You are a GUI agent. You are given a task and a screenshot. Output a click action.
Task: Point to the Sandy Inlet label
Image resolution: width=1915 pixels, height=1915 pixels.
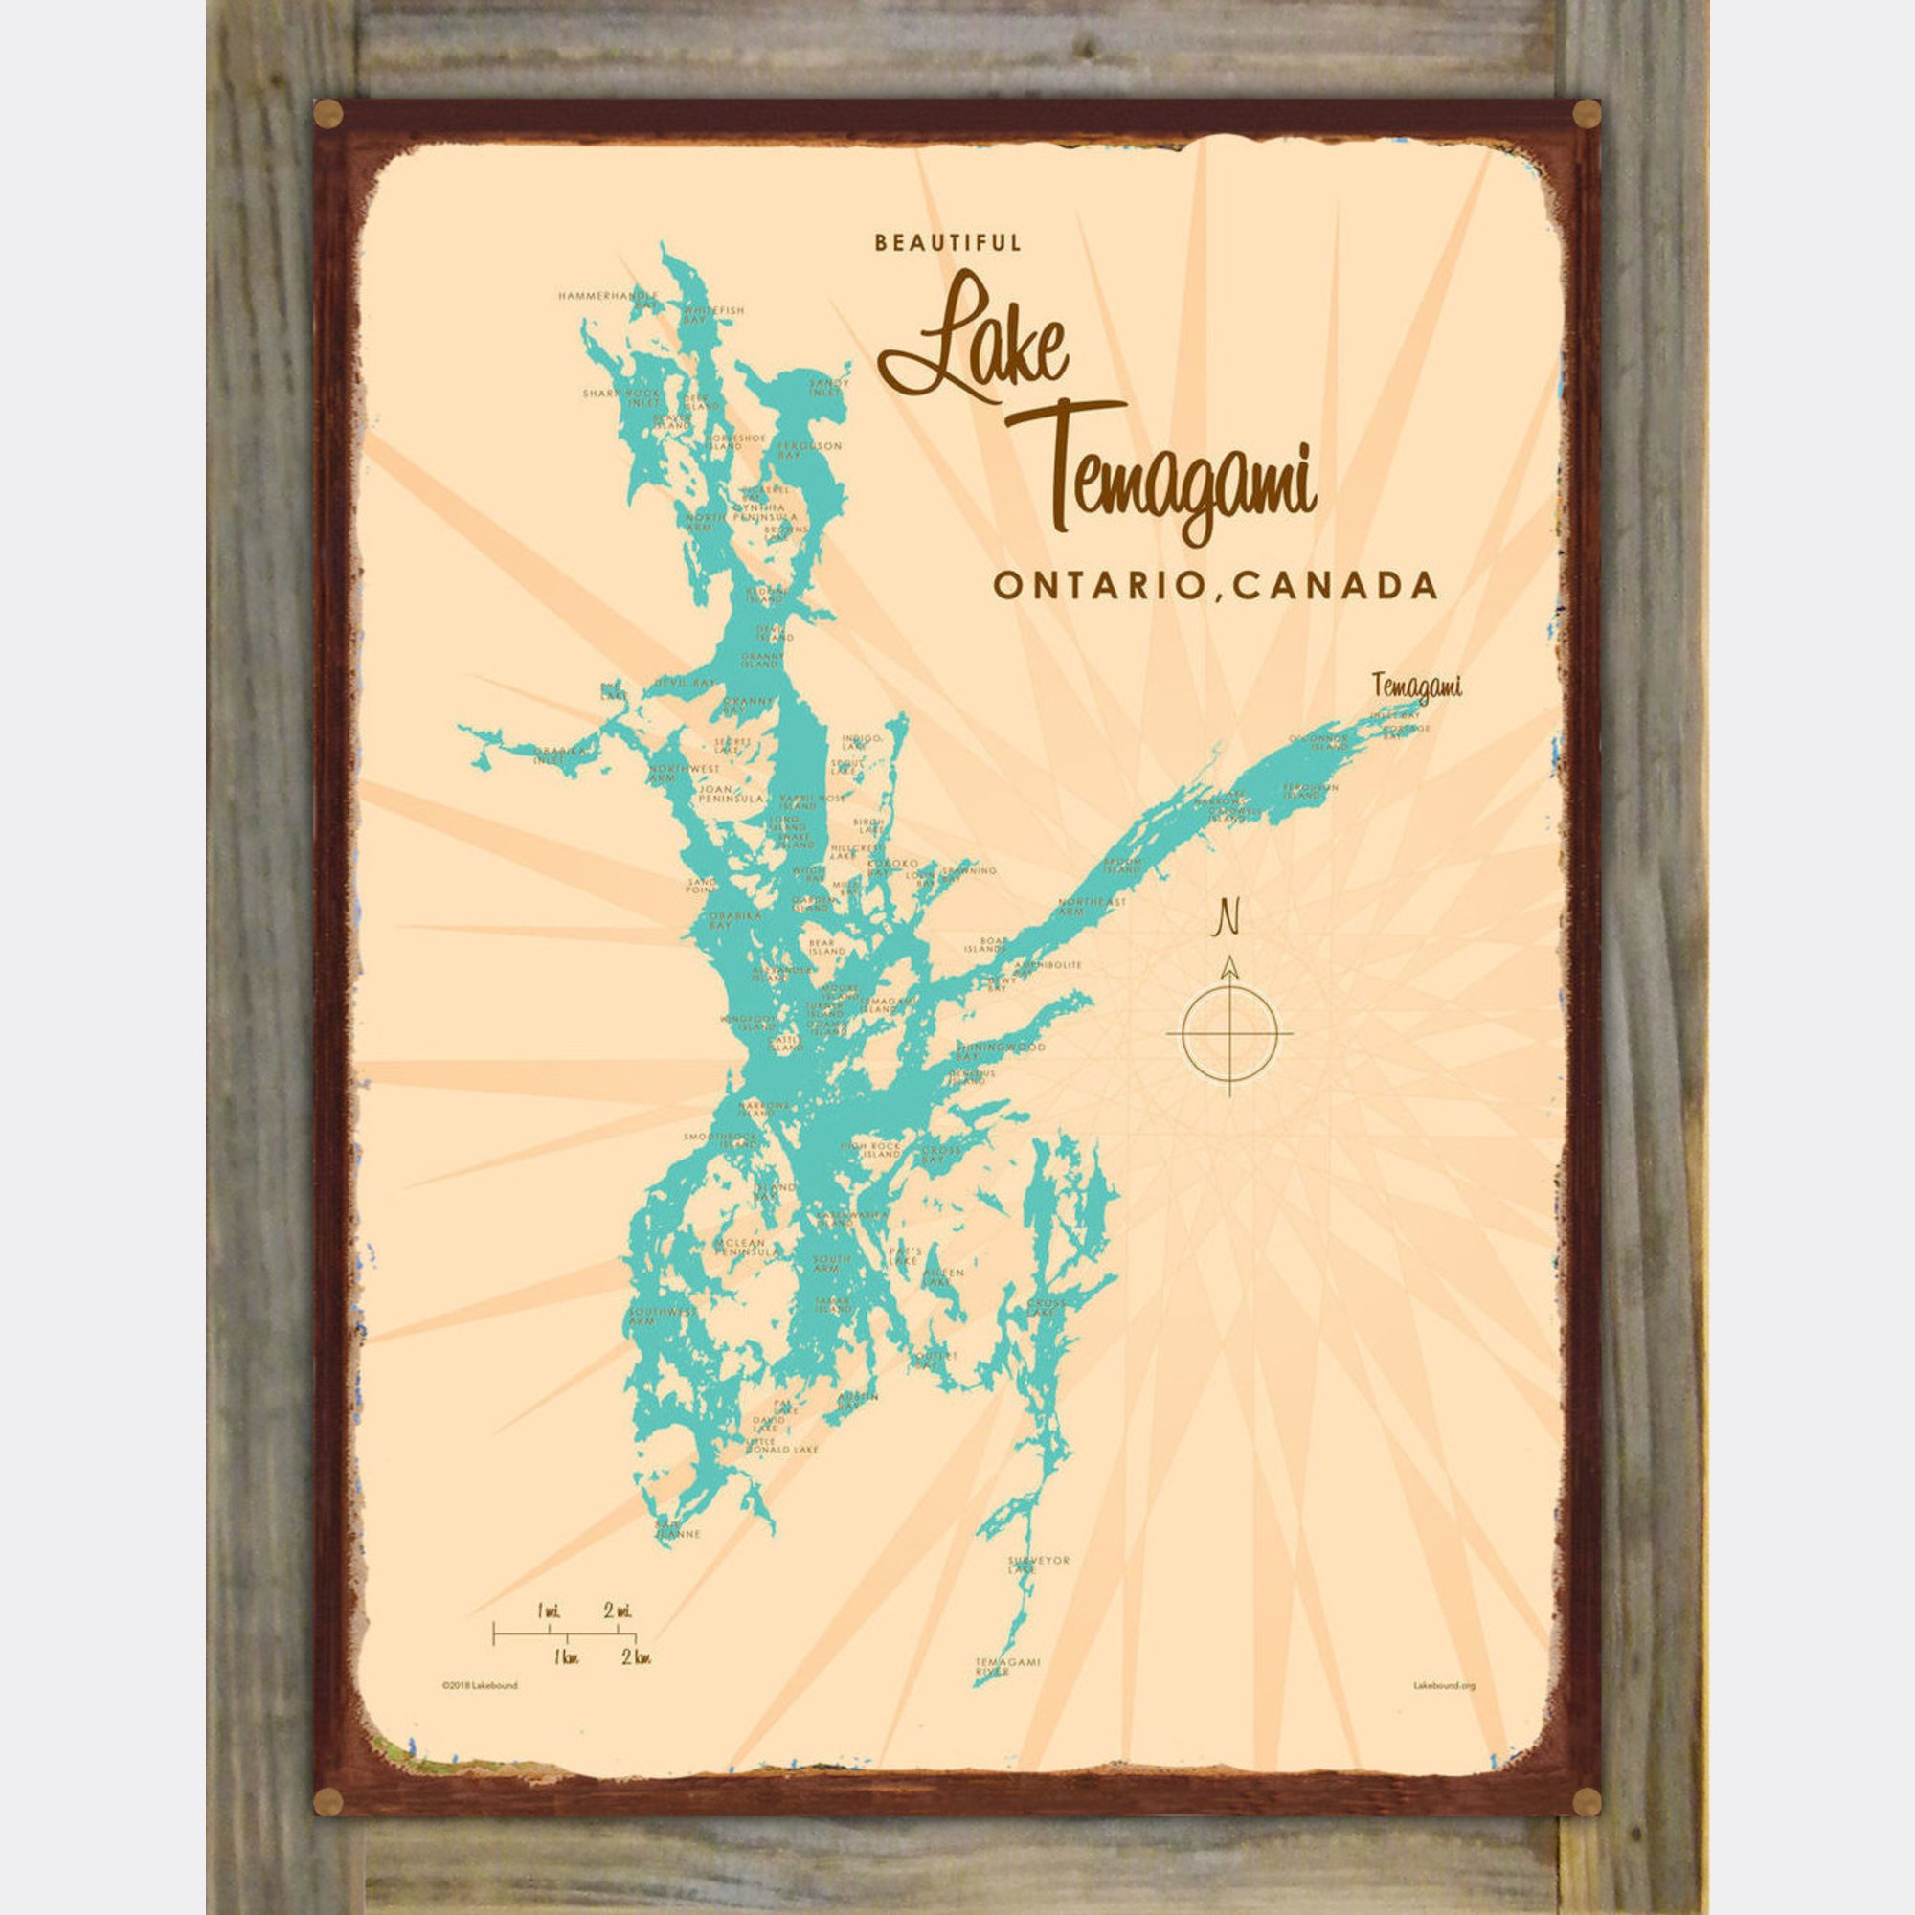coord(830,387)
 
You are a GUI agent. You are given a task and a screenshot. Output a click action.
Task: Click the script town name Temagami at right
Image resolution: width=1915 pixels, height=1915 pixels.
coord(1418,685)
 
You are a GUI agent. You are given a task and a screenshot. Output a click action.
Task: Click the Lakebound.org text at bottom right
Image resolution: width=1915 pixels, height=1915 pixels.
coord(1444,1684)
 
